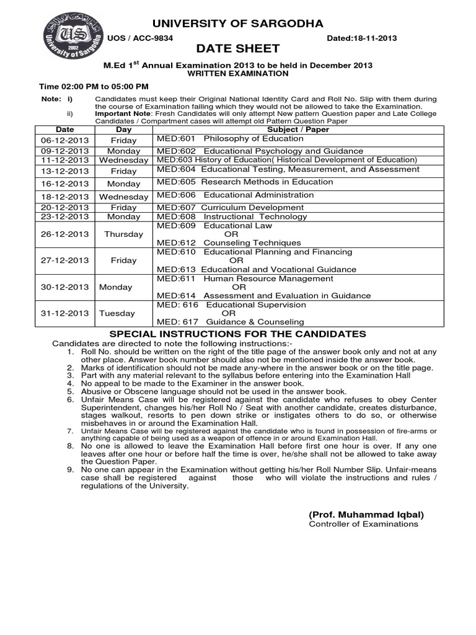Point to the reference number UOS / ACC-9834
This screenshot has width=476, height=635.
[141, 38]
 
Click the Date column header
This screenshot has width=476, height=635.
[64, 130]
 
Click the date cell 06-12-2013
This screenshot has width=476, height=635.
[64, 141]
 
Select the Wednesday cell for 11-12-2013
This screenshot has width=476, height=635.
[123, 160]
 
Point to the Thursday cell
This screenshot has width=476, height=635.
[123, 234]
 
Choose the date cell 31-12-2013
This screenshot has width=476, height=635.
[64, 314]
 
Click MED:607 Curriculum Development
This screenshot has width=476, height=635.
[230, 207]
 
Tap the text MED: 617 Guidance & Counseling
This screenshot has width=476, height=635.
[230, 322]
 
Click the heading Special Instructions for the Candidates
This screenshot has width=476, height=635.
[237, 334]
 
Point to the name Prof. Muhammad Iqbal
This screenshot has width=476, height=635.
[366, 515]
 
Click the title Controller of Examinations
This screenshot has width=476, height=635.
[363, 524]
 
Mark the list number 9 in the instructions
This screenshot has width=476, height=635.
[70, 470]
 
